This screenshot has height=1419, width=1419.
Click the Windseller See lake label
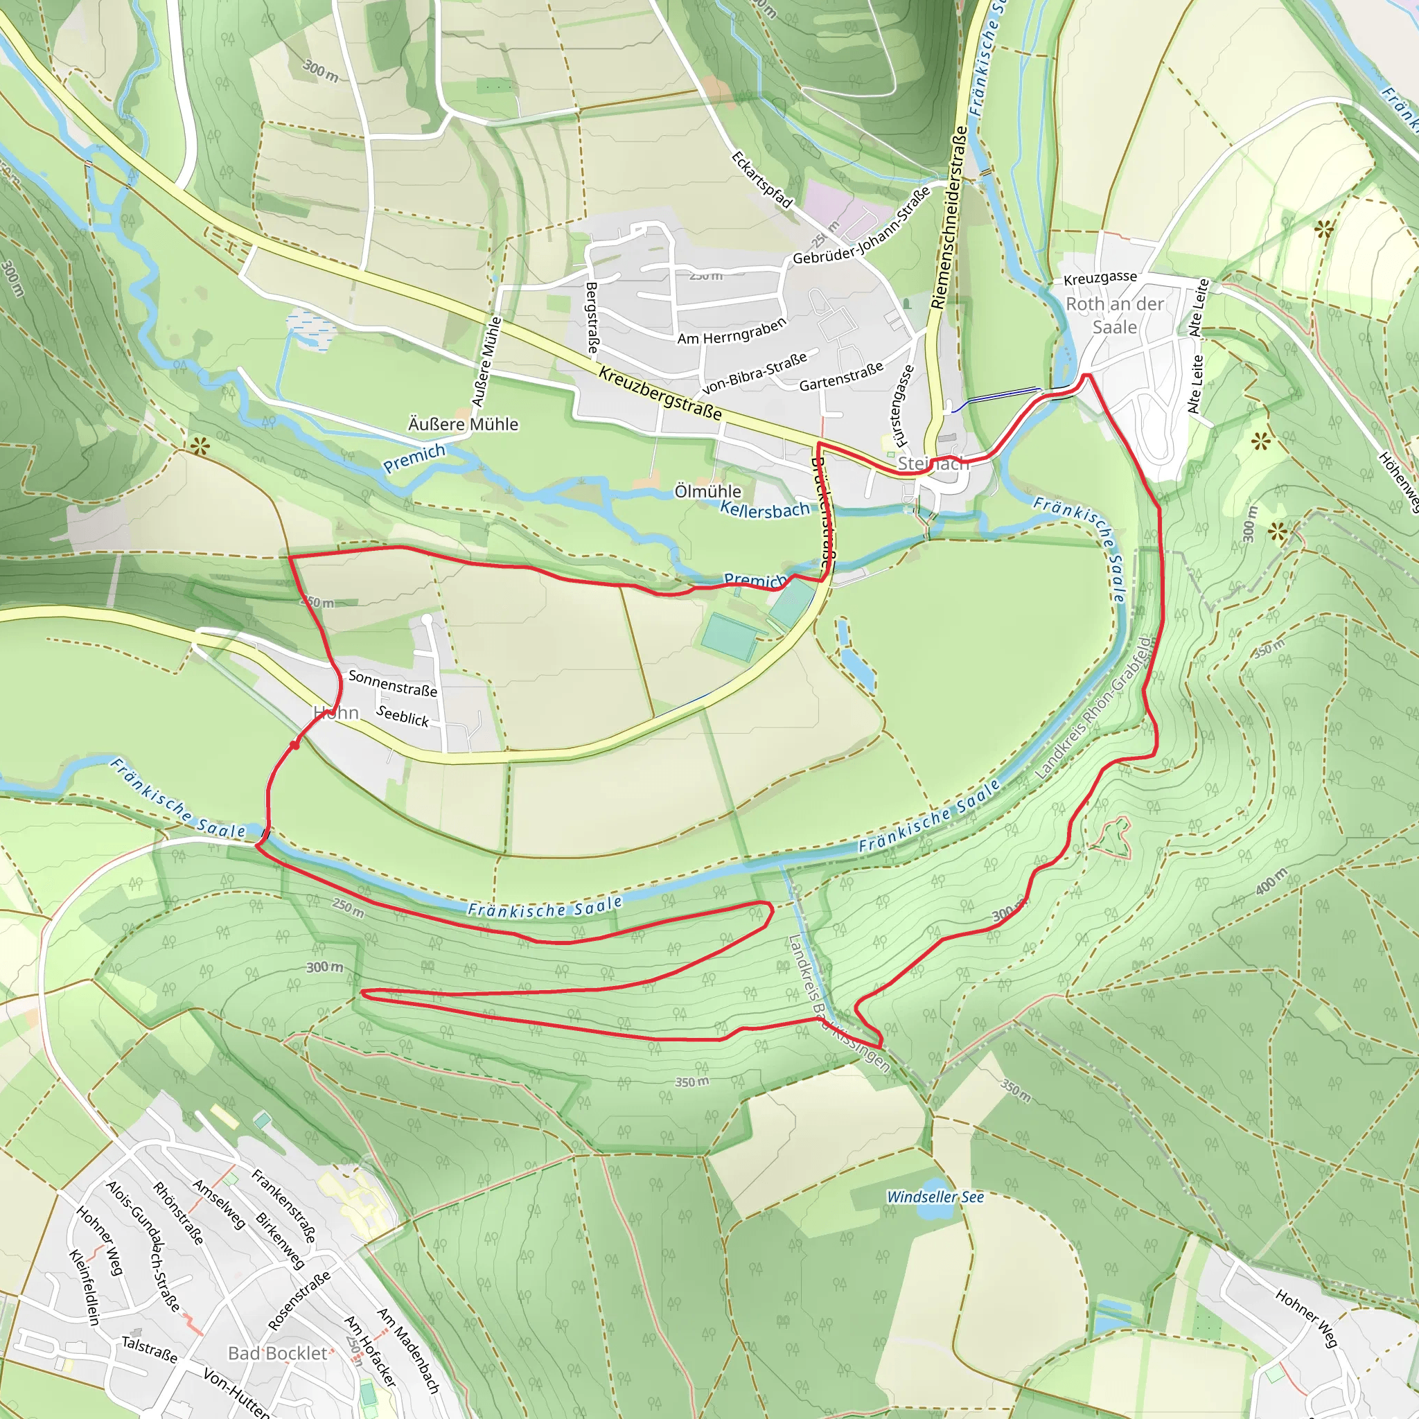click(935, 1197)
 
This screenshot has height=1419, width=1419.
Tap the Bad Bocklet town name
click(278, 1353)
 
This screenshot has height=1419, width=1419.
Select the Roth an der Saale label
click(1114, 315)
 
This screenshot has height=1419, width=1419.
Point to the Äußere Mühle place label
click(463, 425)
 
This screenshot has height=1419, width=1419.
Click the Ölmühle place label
click(707, 491)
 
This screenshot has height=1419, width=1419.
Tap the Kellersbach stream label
click(765, 509)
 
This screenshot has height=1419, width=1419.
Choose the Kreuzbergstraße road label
click(660, 394)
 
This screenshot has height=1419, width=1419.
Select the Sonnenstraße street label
click(392, 683)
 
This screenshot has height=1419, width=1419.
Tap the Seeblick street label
click(403, 715)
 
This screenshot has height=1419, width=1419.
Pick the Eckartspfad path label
click(761, 180)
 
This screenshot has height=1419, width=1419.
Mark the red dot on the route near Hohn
click(294, 745)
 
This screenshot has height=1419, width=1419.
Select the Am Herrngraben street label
click(732, 331)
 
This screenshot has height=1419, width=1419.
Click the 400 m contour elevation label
click(1271, 881)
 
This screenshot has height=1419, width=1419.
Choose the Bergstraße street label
click(591, 317)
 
